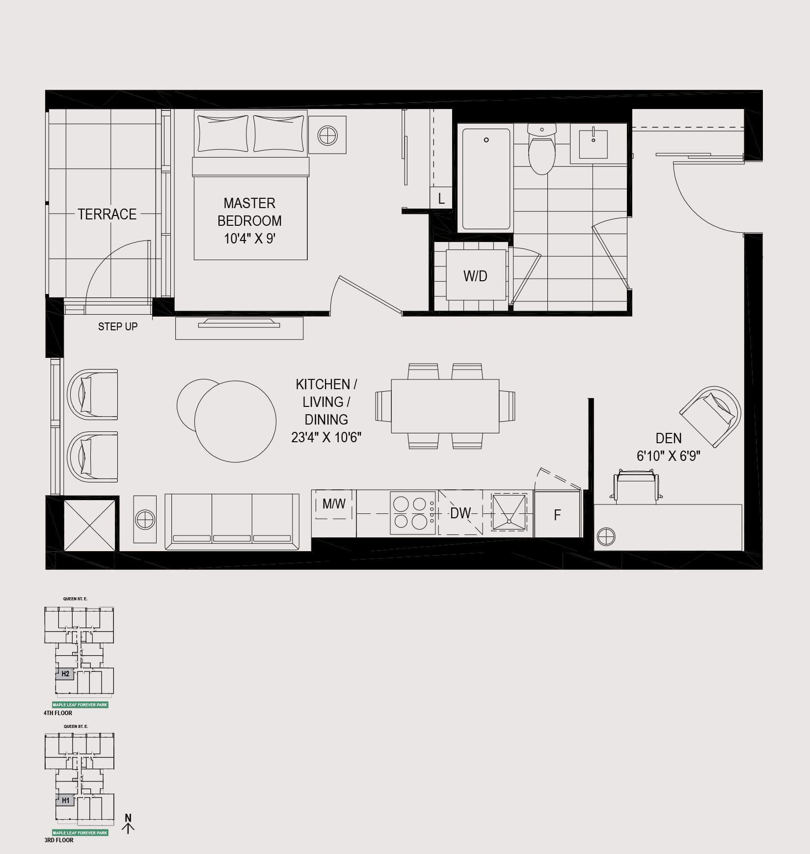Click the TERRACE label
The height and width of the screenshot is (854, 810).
[107, 214]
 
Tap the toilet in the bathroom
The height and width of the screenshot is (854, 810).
[541, 149]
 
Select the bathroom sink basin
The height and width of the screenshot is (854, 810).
[593, 144]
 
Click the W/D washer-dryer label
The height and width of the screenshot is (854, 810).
[475, 276]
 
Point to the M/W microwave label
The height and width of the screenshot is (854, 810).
[334, 503]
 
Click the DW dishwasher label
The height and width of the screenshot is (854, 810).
[460, 513]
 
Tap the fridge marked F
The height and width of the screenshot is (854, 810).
[557, 514]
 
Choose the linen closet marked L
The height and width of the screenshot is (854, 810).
[441, 198]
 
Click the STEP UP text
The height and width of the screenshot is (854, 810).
[118, 327]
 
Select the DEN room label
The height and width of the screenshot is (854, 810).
[669, 438]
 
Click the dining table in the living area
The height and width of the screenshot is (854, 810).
[445, 406]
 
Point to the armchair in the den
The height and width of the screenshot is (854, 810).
[711, 416]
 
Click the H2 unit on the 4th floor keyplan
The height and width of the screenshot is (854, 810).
[65, 674]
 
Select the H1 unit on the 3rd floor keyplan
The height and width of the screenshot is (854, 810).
[65, 801]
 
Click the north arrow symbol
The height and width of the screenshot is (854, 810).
[128, 823]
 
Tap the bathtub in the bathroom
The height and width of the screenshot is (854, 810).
[486, 179]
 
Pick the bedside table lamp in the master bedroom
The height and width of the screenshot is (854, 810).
[327, 135]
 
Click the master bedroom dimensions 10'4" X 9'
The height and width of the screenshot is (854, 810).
[249, 239]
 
